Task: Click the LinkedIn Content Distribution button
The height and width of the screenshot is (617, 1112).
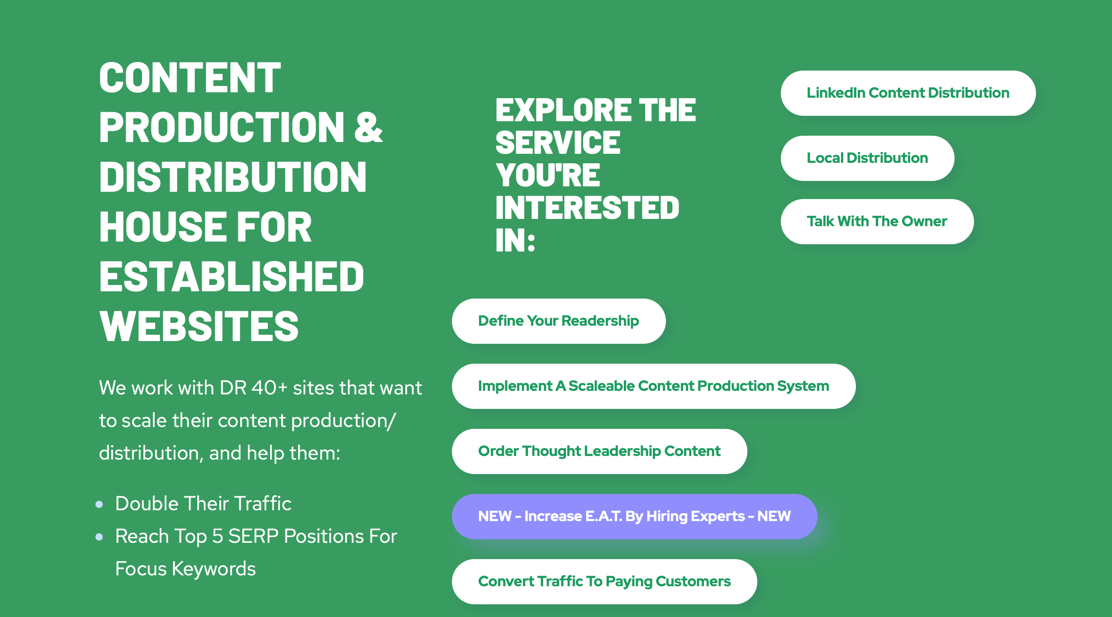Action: pos(908,93)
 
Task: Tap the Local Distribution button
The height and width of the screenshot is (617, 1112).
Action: pos(867,158)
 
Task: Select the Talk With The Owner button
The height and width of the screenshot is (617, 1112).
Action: pos(877,222)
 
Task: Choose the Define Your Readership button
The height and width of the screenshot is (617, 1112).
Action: pos(559,321)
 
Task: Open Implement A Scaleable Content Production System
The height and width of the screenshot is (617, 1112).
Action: pos(654,386)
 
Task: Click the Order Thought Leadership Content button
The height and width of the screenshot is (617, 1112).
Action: pos(599,451)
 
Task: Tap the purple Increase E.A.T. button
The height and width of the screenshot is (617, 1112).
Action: pos(634,517)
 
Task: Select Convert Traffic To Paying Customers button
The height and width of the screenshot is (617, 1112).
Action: pos(604,582)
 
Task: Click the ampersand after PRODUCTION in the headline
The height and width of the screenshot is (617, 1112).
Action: pos(368,128)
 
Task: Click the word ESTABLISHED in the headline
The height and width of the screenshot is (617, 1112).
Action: pos(232,276)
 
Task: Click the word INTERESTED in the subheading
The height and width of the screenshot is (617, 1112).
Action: pos(587,208)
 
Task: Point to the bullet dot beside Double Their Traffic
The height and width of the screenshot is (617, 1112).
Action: pos(100,504)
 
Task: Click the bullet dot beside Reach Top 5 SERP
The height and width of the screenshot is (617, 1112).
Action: pos(100,537)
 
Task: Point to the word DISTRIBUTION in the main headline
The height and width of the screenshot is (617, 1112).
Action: pos(233,177)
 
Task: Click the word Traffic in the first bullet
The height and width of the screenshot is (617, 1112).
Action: pos(263,503)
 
